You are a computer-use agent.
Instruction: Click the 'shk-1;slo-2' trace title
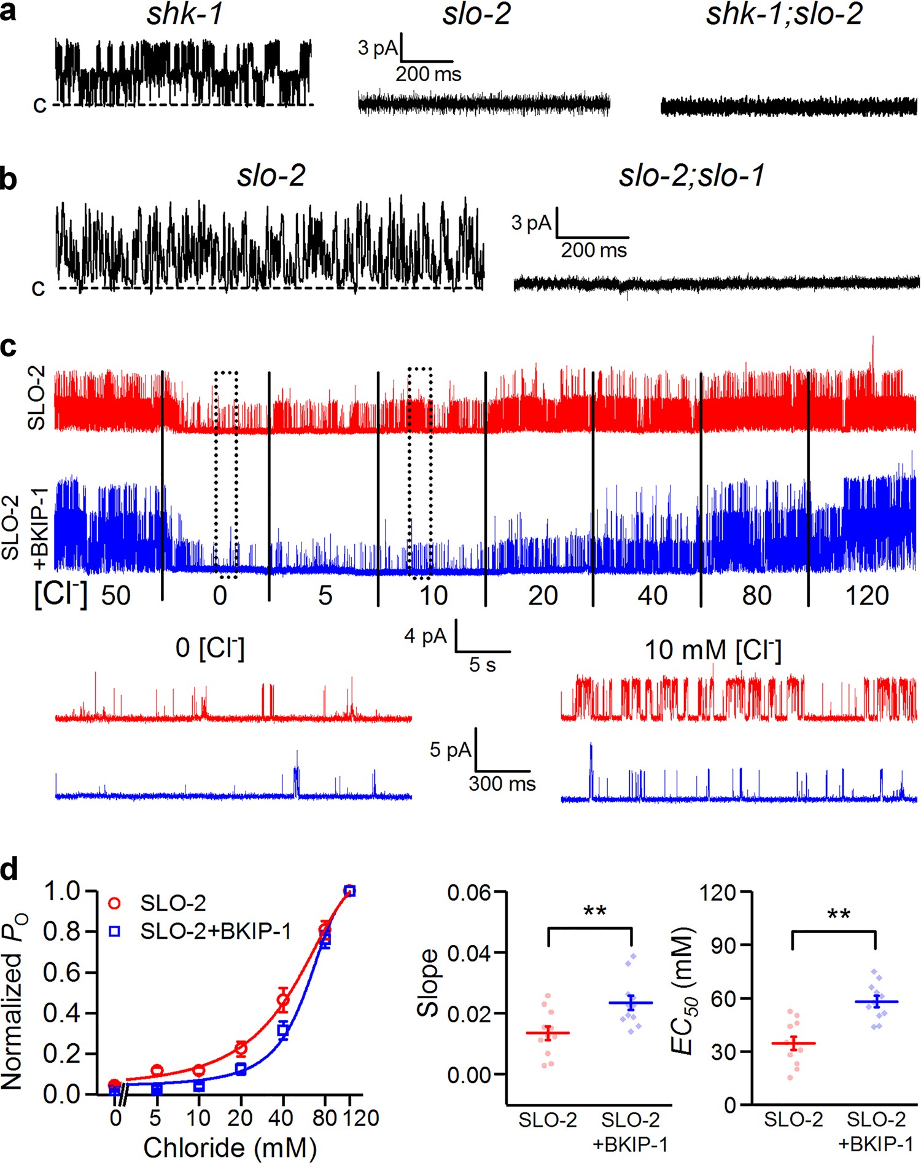pyautogui.click(x=784, y=14)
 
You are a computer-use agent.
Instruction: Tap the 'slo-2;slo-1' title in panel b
pyautogui.click(x=691, y=176)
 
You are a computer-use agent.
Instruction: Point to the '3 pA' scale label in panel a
pyautogui.click(x=378, y=47)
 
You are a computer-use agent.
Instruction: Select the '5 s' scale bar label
pyautogui.click(x=483, y=664)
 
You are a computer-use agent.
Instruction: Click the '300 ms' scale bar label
pyautogui.click(x=502, y=783)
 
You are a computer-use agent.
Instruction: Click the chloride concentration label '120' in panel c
pyautogui.click(x=867, y=595)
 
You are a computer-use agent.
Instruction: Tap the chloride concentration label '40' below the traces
pyautogui.click(x=652, y=595)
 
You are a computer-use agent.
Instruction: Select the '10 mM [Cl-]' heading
pyautogui.click(x=712, y=650)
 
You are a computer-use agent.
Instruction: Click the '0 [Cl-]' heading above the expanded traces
pyautogui.click(x=210, y=648)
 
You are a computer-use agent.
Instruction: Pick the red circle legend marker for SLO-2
pyautogui.click(x=115, y=903)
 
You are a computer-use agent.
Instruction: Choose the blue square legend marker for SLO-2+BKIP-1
pyautogui.click(x=115, y=931)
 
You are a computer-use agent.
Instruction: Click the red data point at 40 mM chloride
pyautogui.click(x=283, y=1000)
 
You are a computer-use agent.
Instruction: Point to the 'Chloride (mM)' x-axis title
pyautogui.click(x=230, y=1147)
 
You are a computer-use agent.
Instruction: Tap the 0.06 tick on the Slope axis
pyautogui.click(x=469, y=893)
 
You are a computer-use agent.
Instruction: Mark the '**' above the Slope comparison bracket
pyautogui.click(x=594, y=911)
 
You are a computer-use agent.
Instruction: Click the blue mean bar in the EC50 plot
pyautogui.click(x=876, y=1002)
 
